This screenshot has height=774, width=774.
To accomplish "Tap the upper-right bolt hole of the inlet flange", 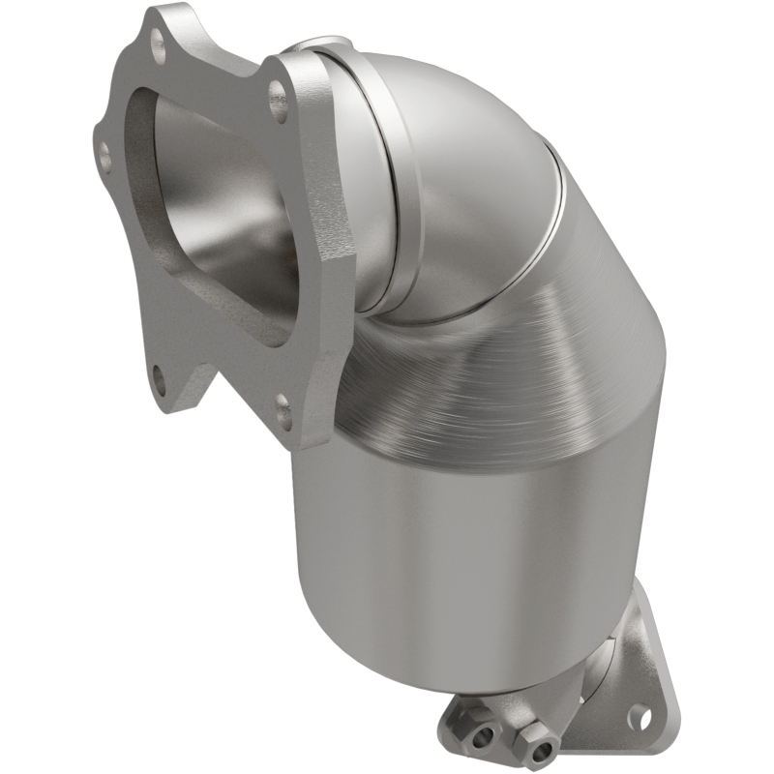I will pyautogui.click(x=278, y=94).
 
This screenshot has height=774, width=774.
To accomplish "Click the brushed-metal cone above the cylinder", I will pyautogui.click(x=503, y=368).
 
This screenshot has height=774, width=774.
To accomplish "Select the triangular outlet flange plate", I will pyautogui.click(x=619, y=677).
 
